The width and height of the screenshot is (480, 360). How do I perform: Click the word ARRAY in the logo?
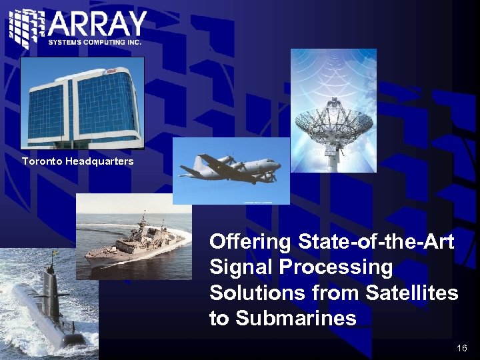[97, 25]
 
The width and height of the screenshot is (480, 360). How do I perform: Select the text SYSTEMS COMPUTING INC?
[95, 42]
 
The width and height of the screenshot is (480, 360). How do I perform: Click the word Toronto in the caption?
[41, 161]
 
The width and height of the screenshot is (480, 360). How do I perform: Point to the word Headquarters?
[99, 161]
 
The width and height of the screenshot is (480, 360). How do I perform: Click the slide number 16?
[462, 348]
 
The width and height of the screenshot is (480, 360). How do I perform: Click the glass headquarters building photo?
[82, 103]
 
